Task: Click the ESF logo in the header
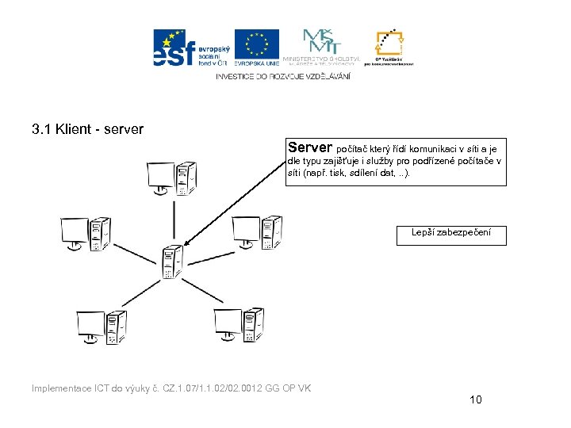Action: click(190, 48)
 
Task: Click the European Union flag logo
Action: click(256, 47)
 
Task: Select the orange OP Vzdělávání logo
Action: click(389, 48)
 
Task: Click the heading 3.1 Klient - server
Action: click(87, 128)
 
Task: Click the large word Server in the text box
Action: click(311, 147)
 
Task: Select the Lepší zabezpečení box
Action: click(450, 233)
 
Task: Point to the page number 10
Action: click(475, 399)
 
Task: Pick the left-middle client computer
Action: click(86, 233)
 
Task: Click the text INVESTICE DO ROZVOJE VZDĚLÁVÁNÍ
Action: click(282, 76)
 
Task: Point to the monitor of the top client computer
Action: click(161, 176)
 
